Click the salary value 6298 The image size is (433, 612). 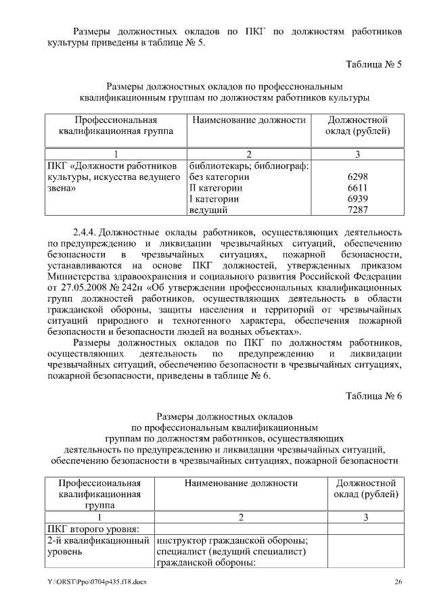click(x=356, y=177)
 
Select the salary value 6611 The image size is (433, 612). click(x=356, y=188)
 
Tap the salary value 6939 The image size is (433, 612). click(x=356, y=199)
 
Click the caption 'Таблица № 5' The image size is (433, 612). click(x=373, y=65)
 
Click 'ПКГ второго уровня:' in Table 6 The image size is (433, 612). click(x=93, y=529)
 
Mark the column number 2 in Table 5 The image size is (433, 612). click(x=249, y=154)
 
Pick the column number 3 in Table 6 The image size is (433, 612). click(x=365, y=517)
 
